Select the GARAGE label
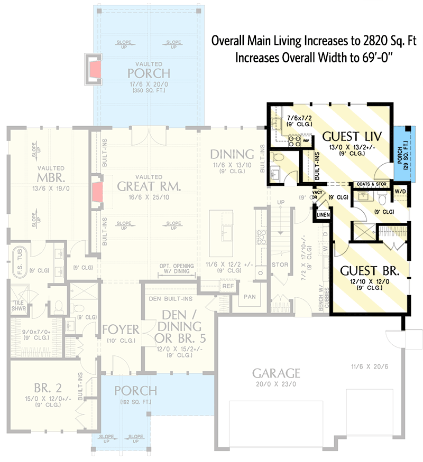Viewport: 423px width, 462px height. coord(276,374)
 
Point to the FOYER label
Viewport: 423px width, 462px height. coord(121,330)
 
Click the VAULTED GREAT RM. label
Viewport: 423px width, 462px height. coord(149,186)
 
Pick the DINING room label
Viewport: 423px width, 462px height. coord(232,154)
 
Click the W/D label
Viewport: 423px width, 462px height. coord(400,192)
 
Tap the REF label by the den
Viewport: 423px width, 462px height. coord(228,286)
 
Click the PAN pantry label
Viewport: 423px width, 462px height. coord(249,297)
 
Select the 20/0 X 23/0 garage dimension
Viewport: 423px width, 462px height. coord(276,385)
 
